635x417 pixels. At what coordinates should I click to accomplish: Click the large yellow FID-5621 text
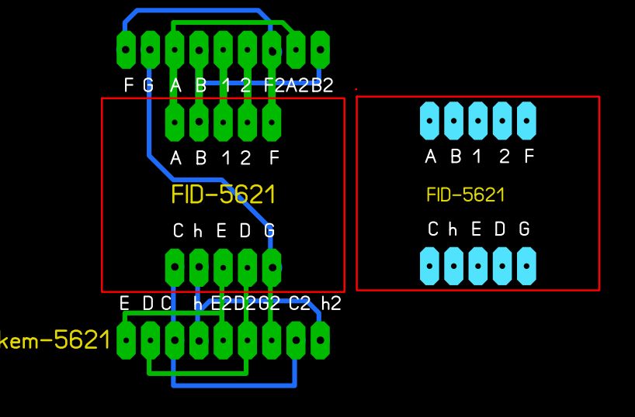[223, 194]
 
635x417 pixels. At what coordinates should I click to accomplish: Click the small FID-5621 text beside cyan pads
[465, 195]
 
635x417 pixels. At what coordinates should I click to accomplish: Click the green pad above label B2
[320, 50]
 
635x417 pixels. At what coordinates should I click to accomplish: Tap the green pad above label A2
[296, 50]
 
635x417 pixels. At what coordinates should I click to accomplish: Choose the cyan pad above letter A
[431, 121]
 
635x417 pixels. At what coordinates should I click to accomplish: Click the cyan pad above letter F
[527, 121]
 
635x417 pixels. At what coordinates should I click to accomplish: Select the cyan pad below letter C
[431, 266]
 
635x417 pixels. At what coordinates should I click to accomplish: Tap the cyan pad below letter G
[527, 266]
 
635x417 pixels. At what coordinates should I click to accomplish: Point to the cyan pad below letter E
[479, 266]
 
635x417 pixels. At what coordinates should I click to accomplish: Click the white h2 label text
[331, 303]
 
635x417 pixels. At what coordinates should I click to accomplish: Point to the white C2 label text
[300, 303]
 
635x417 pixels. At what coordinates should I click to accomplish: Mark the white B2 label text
[322, 85]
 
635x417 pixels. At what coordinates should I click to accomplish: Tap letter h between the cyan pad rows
[455, 229]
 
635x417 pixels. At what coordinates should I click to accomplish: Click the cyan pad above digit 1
[479, 121]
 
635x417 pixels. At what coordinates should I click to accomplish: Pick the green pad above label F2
[272, 50]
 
